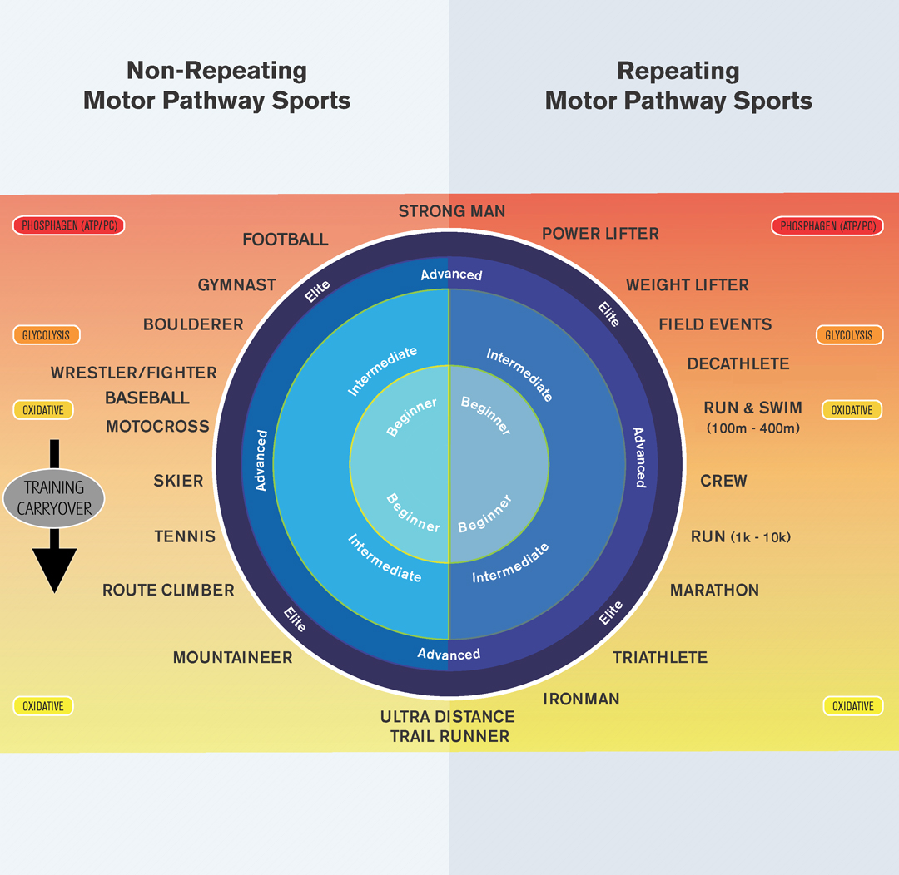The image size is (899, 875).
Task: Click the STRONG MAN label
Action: tap(452, 211)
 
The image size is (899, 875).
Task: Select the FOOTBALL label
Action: tap(286, 240)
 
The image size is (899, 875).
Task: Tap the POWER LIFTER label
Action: tap(600, 234)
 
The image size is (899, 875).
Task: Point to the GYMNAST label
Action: tap(236, 284)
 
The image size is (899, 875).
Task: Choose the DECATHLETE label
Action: tap(738, 363)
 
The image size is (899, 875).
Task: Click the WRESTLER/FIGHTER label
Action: tap(134, 373)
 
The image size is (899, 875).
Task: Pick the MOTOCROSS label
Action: tap(157, 426)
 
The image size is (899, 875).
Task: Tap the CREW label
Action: tap(723, 481)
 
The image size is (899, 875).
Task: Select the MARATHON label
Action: tap(714, 590)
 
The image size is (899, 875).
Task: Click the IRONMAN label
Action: tap(581, 699)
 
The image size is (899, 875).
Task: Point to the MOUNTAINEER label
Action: tap(232, 657)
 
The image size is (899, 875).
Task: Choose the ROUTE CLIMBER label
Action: tap(168, 590)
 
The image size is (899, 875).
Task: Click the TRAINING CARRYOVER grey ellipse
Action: tap(54, 498)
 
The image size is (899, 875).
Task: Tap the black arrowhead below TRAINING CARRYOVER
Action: tap(54, 570)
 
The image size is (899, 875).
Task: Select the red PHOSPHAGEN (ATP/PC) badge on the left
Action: tap(68, 225)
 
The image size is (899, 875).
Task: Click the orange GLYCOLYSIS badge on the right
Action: tap(849, 335)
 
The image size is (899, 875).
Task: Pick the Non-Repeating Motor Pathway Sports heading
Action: tap(216, 86)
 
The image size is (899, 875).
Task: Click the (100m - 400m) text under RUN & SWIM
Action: tap(752, 428)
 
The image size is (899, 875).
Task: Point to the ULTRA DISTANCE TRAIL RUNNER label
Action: tap(448, 726)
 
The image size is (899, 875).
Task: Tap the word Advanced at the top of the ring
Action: tap(450, 274)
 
